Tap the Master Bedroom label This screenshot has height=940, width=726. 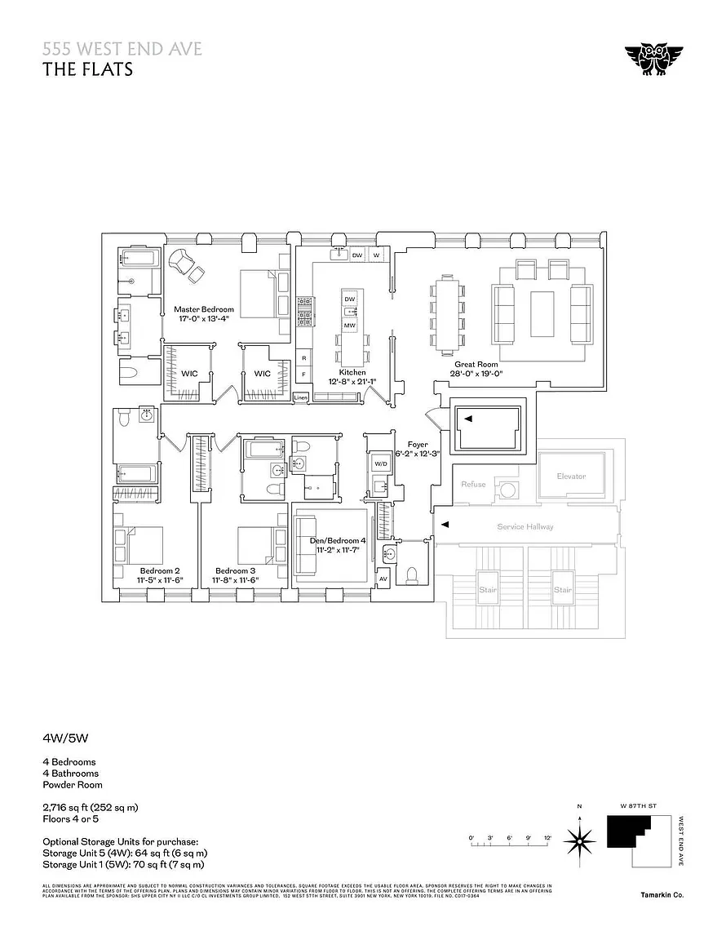pyautogui.click(x=204, y=309)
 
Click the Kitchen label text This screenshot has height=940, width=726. pyautogui.click(x=352, y=372)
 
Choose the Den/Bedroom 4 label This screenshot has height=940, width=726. pyautogui.click(x=338, y=540)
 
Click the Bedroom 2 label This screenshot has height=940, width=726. pyautogui.click(x=160, y=570)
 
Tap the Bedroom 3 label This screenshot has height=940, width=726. pyautogui.click(x=236, y=570)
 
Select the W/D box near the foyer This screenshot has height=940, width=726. pyautogui.click(x=381, y=463)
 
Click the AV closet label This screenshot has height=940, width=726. pyautogui.click(x=383, y=579)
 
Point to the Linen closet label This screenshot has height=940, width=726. pyautogui.click(x=301, y=397)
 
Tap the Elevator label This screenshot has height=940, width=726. pyautogui.click(x=571, y=477)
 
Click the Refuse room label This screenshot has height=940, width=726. pyautogui.click(x=473, y=484)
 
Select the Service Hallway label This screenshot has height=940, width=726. pyautogui.click(x=525, y=526)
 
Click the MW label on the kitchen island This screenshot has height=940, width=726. pyautogui.click(x=350, y=326)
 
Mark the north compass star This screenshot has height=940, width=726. pyautogui.click(x=580, y=838)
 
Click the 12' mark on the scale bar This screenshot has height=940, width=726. pyautogui.click(x=548, y=838)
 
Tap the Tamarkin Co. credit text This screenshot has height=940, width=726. pyautogui.click(x=662, y=895)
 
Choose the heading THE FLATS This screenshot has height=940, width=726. pyautogui.click(x=87, y=69)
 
